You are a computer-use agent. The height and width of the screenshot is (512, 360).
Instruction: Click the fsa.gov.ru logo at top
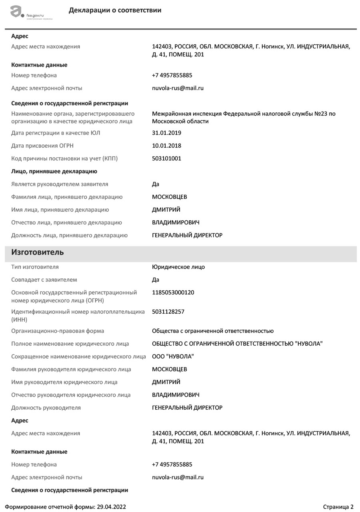31,12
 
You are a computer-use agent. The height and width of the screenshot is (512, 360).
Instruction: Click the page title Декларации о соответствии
115,10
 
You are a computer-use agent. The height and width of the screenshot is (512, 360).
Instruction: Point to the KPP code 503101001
166,158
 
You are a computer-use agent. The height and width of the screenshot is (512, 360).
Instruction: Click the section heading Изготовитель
38,252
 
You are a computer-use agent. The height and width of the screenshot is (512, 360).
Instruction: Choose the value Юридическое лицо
178,267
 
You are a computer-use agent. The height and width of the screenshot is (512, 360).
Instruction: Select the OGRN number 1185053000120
173,292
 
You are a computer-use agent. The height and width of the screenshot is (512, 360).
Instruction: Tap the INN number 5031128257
168,312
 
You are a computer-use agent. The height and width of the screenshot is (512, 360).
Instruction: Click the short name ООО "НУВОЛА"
173,356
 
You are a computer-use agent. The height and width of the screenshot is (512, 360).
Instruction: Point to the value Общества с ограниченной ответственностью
213,331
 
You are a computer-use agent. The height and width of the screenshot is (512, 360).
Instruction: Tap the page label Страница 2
338,507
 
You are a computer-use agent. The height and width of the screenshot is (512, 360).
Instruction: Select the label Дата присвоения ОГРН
42,146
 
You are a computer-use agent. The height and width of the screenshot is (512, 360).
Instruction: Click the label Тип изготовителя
35,267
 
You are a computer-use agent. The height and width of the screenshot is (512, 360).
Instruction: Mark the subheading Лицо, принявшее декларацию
54,171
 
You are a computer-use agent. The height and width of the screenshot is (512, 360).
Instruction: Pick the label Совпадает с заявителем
44,280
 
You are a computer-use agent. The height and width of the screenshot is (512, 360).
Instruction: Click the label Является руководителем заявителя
60,184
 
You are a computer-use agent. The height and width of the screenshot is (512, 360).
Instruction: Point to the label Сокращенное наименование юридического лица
78,356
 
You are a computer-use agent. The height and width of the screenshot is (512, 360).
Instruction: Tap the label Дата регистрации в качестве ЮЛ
56,133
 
